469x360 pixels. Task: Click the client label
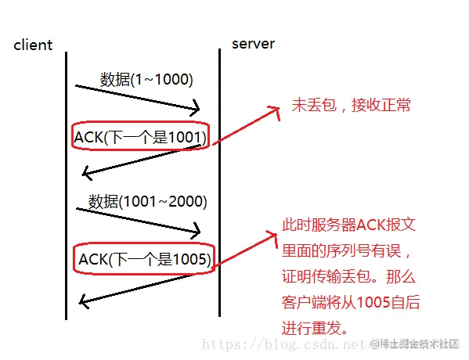pyautogui.click(x=33, y=45)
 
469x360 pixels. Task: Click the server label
pyautogui.click(x=253, y=43)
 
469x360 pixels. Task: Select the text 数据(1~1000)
pyautogui.click(x=146, y=79)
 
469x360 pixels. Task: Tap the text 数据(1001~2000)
pyautogui.click(x=147, y=201)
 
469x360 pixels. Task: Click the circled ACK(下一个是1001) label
pyautogui.click(x=140, y=138)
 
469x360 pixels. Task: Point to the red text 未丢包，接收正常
pyautogui.click(x=351, y=105)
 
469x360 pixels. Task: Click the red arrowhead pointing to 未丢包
pyautogui.click(x=274, y=111)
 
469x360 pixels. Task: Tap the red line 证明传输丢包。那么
pyautogui.click(x=353, y=278)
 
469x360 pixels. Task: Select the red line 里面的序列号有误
pyautogui.click(x=348, y=252)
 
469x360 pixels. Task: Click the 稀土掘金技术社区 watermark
pyautogui.click(x=419, y=344)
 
